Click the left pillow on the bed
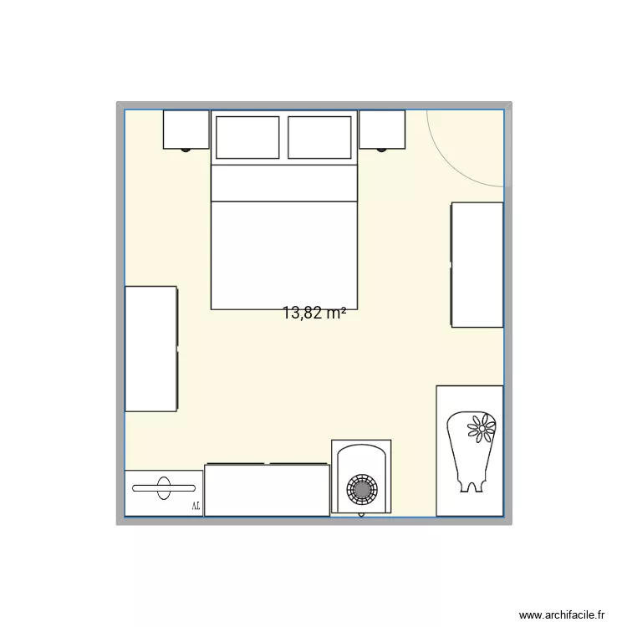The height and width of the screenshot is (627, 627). click(x=247, y=137)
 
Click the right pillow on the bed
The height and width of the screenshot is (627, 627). click(x=319, y=137)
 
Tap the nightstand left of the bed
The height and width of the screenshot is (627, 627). click(x=186, y=129)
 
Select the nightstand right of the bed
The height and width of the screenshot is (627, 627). click(x=382, y=129)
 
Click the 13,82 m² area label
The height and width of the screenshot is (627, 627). click(x=314, y=313)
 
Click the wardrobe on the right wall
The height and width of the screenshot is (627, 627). click(x=477, y=264)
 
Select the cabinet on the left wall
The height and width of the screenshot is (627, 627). click(x=150, y=349)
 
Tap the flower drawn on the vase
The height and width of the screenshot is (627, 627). click(x=481, y=429)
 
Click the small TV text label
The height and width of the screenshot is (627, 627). click(x=196, y=506)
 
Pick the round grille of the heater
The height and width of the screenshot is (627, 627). click(x=361, y=487)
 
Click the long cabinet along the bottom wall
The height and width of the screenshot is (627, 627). click(x=267, y=490)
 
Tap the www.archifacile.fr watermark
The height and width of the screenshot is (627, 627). click(x=561, y=614)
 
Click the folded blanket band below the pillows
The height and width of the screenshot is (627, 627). click(x=283, y=183)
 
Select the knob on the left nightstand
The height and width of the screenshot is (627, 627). click(x=186, y=150)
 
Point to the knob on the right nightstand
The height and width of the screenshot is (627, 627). click(x=382, y=150)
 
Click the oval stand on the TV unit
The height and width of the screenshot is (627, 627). click(x=164, y=487)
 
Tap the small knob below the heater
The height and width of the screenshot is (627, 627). click(x=361, y=515)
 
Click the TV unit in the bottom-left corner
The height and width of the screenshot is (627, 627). click(x=164, y=493)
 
